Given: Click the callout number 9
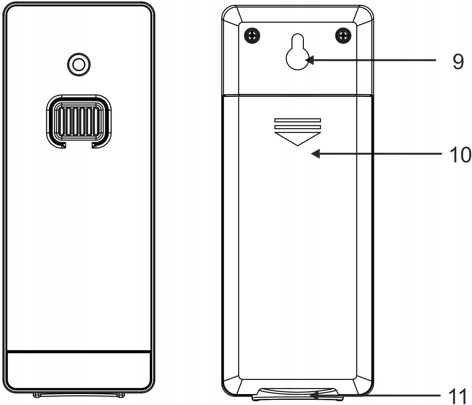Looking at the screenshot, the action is (x=458, y=61).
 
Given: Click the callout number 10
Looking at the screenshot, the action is (x=460, y=155).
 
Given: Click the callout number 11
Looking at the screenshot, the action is (x=458, y=396).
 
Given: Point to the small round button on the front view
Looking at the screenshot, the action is (x=79, y=65).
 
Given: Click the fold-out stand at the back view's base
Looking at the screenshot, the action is (x=297, y=394).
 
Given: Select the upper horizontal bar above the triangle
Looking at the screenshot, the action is (x=297, y=120).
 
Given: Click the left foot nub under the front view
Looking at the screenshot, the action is (x=37, y=394).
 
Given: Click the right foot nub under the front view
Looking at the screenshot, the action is (x=121, y=394).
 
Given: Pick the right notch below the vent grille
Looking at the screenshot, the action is (x=94, y=145).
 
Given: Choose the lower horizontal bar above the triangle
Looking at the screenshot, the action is (x=297, y=127).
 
